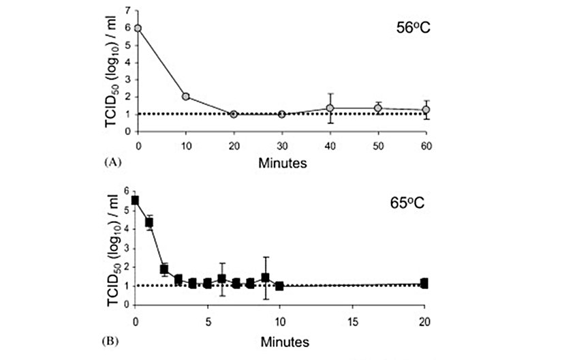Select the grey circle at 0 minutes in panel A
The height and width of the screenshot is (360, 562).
tap(138, 28)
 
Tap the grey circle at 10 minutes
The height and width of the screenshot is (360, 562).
tap(186, 96)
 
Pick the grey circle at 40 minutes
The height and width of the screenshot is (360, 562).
tap(330, 108)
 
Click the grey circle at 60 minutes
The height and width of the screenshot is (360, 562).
tap(426, 110)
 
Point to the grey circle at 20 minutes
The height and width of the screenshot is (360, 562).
tap(234, 114)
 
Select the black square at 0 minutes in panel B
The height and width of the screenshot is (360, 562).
tap(136, 200)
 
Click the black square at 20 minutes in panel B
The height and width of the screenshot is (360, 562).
tap(424, 283)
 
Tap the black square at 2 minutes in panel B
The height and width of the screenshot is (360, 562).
tap(164, 269)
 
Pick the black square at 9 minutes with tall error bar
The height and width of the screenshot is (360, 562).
tap(265, 277)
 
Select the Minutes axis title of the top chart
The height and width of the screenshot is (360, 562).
tap(281, 163)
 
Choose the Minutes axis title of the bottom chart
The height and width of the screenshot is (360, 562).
tap(281, 339)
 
